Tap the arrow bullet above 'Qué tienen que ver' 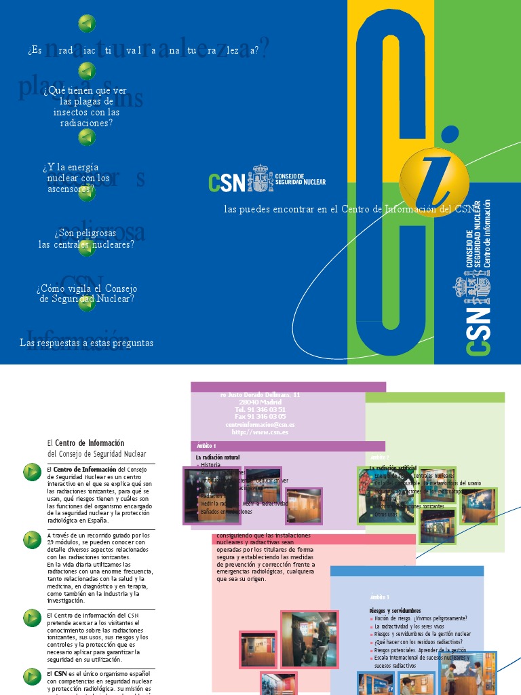tap(87, 71)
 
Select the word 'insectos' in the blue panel tap(71, 112)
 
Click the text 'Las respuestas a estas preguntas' tap(86, 343)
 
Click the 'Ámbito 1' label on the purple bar tap(206, 446)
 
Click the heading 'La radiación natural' tap(218, 457)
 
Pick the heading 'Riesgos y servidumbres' tap(395, 611)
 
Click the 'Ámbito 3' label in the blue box tap(379, 597)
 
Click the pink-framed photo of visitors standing tap(309, 639)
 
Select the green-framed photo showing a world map tap(478, 506)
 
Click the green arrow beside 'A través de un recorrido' tap(33, 540)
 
